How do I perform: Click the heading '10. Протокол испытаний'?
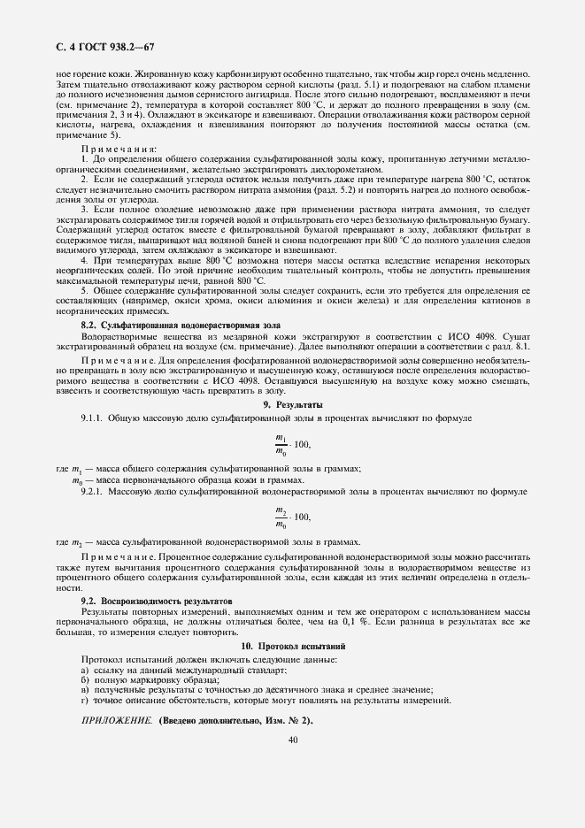coord(292,647)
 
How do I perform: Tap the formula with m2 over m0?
coord(292,517)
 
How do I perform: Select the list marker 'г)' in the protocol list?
coord(85,701)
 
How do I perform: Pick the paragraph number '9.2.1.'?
coord(94,489)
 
